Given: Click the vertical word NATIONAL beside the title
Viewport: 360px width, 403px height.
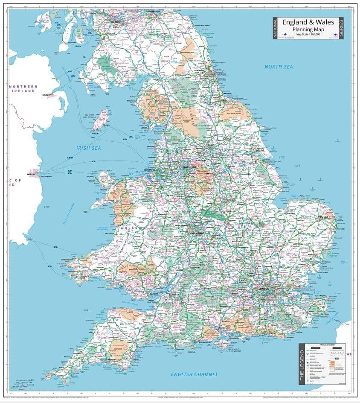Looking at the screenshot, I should (x=276, y=29).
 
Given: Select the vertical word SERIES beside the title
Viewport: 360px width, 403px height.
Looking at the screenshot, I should (x=341, y=29).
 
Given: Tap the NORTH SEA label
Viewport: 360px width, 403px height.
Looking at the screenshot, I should (x=279, y=67).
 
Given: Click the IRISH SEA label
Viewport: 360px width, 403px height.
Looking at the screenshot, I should (x=89, y=148).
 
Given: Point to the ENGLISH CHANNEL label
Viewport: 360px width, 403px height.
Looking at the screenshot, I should (x=195, y=374).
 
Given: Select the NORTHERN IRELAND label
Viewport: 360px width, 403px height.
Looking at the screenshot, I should (x=23, y=89).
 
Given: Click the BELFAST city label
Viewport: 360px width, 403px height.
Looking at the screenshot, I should (x=46, y=95).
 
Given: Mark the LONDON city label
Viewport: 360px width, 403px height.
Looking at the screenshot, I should (x=263, y=289).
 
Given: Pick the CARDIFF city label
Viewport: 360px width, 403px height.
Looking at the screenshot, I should (x=154, y=294).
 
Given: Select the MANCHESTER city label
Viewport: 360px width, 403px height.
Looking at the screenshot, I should (x=190, y=167).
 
